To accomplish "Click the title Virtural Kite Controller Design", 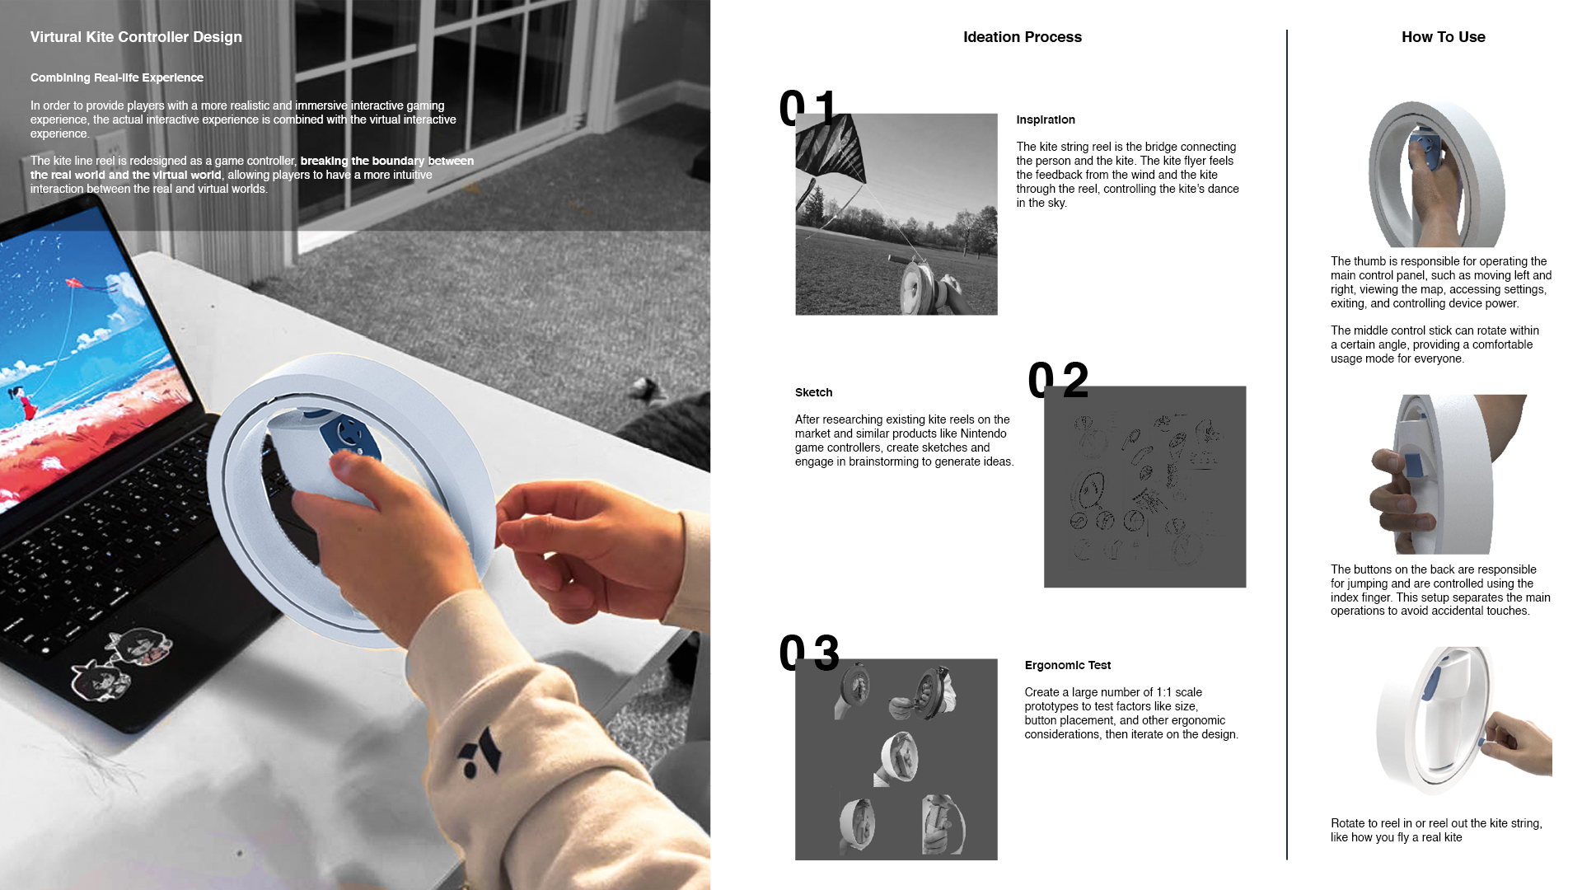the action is (x=136, y=37).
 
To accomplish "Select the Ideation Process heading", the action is (x=1023, y=37).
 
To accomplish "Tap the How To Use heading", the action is (x=1444, y=37).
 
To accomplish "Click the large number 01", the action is (x=808, y=108).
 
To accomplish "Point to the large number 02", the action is (x=1059, y=380).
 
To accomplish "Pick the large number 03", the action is (x=809, y=653).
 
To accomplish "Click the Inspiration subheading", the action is (x=1046, y=120).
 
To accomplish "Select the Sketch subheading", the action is (x=813, y=392).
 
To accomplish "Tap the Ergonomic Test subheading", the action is (x=1068, y=665).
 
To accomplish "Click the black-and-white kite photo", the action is (x=896, y=214).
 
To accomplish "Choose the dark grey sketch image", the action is (x=1145, y=487).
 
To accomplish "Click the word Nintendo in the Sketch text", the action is (x=983, y=433).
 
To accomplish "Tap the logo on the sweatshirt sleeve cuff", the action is (x=480, y=752).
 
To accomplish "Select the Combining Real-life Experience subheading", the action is (x=117, y=77).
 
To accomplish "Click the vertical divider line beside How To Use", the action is (x=1287, y=445).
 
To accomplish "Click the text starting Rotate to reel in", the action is (x=1436, y=831).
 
